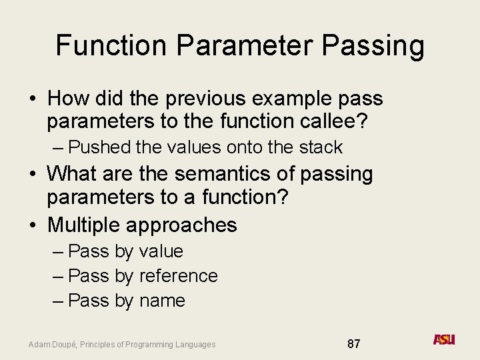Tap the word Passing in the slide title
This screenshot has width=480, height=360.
pyautogui.click(x=373, y=46)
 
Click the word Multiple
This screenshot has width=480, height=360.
pyautogui.click(x=83, y=225)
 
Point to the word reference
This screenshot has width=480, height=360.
pyautogui.click(x=179, y=276)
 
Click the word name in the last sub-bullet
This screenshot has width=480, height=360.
pyautogui.click(x=162, y=301)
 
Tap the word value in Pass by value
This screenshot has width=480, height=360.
pyautogui.click(x=161, y=251)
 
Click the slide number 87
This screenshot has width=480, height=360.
pyautogui.click(x=354, y=344)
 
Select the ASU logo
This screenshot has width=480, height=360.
pyautogui.click(x=444, y=340)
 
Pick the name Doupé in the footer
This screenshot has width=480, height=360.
pyautogui.click(x=64, y=345)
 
